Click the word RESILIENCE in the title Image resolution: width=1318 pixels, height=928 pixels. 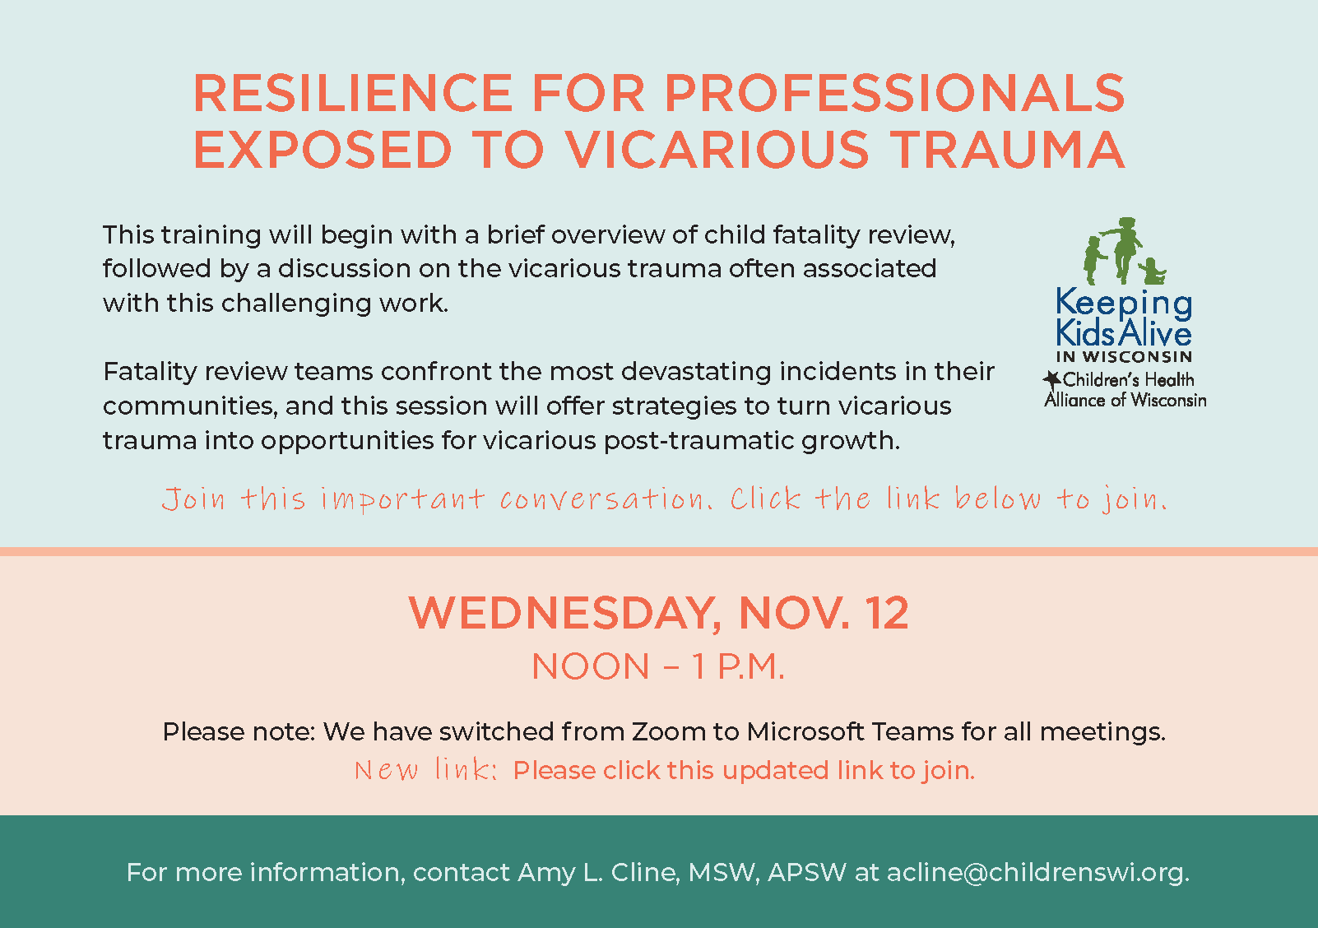(x=353, y=93)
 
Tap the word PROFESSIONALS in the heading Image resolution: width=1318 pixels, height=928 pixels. (x=894, y=93)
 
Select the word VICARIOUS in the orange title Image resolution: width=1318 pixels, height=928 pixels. (x=717, y=150)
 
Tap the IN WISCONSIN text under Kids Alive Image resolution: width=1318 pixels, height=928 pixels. (x=1124, y=356)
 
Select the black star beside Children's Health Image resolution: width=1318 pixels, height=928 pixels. (x=1052, y=379)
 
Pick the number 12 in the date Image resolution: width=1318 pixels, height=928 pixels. (x=886, y=613)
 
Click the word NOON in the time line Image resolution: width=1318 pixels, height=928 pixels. (x=590, y=666)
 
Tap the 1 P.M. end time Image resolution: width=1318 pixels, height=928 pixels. (x=738, y=666)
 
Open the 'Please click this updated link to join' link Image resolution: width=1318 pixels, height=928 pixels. (x=744, y=770)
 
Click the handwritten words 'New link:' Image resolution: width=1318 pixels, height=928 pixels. (x=426, y=770)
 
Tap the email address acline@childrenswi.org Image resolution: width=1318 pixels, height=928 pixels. (x=1038, y=873)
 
